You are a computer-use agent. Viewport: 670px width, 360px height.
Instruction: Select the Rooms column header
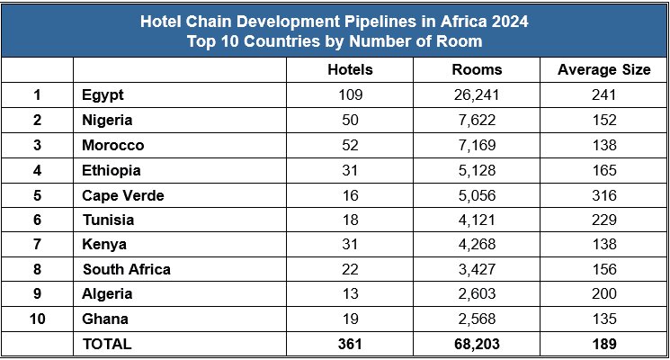pos(477,70)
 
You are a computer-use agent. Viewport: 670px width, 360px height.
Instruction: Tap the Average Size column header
pos(603,70)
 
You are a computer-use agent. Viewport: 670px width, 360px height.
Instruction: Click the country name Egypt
pos(103,95)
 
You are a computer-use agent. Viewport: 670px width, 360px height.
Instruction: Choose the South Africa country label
pos(126,269)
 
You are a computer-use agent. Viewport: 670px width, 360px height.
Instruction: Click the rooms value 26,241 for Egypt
pos(477,95)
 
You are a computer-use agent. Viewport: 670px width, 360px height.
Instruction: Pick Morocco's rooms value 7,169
pos(477,145)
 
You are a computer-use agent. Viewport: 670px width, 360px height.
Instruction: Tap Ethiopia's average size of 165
pos(603,169)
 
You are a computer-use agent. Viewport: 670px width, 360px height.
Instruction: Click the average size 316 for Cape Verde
pos(603,194)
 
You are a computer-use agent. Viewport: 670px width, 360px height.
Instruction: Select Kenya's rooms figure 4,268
pos(477,244)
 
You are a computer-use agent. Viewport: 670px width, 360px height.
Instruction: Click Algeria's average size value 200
pos(603,293)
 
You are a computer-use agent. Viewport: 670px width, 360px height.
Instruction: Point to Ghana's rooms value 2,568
pos(477,319)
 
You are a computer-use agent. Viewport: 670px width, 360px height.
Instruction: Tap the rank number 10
pos(37,319)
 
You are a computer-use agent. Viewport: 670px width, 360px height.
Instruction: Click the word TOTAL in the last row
pos(107,344)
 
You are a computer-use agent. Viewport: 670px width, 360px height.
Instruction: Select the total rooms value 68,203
pos(477,344)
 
